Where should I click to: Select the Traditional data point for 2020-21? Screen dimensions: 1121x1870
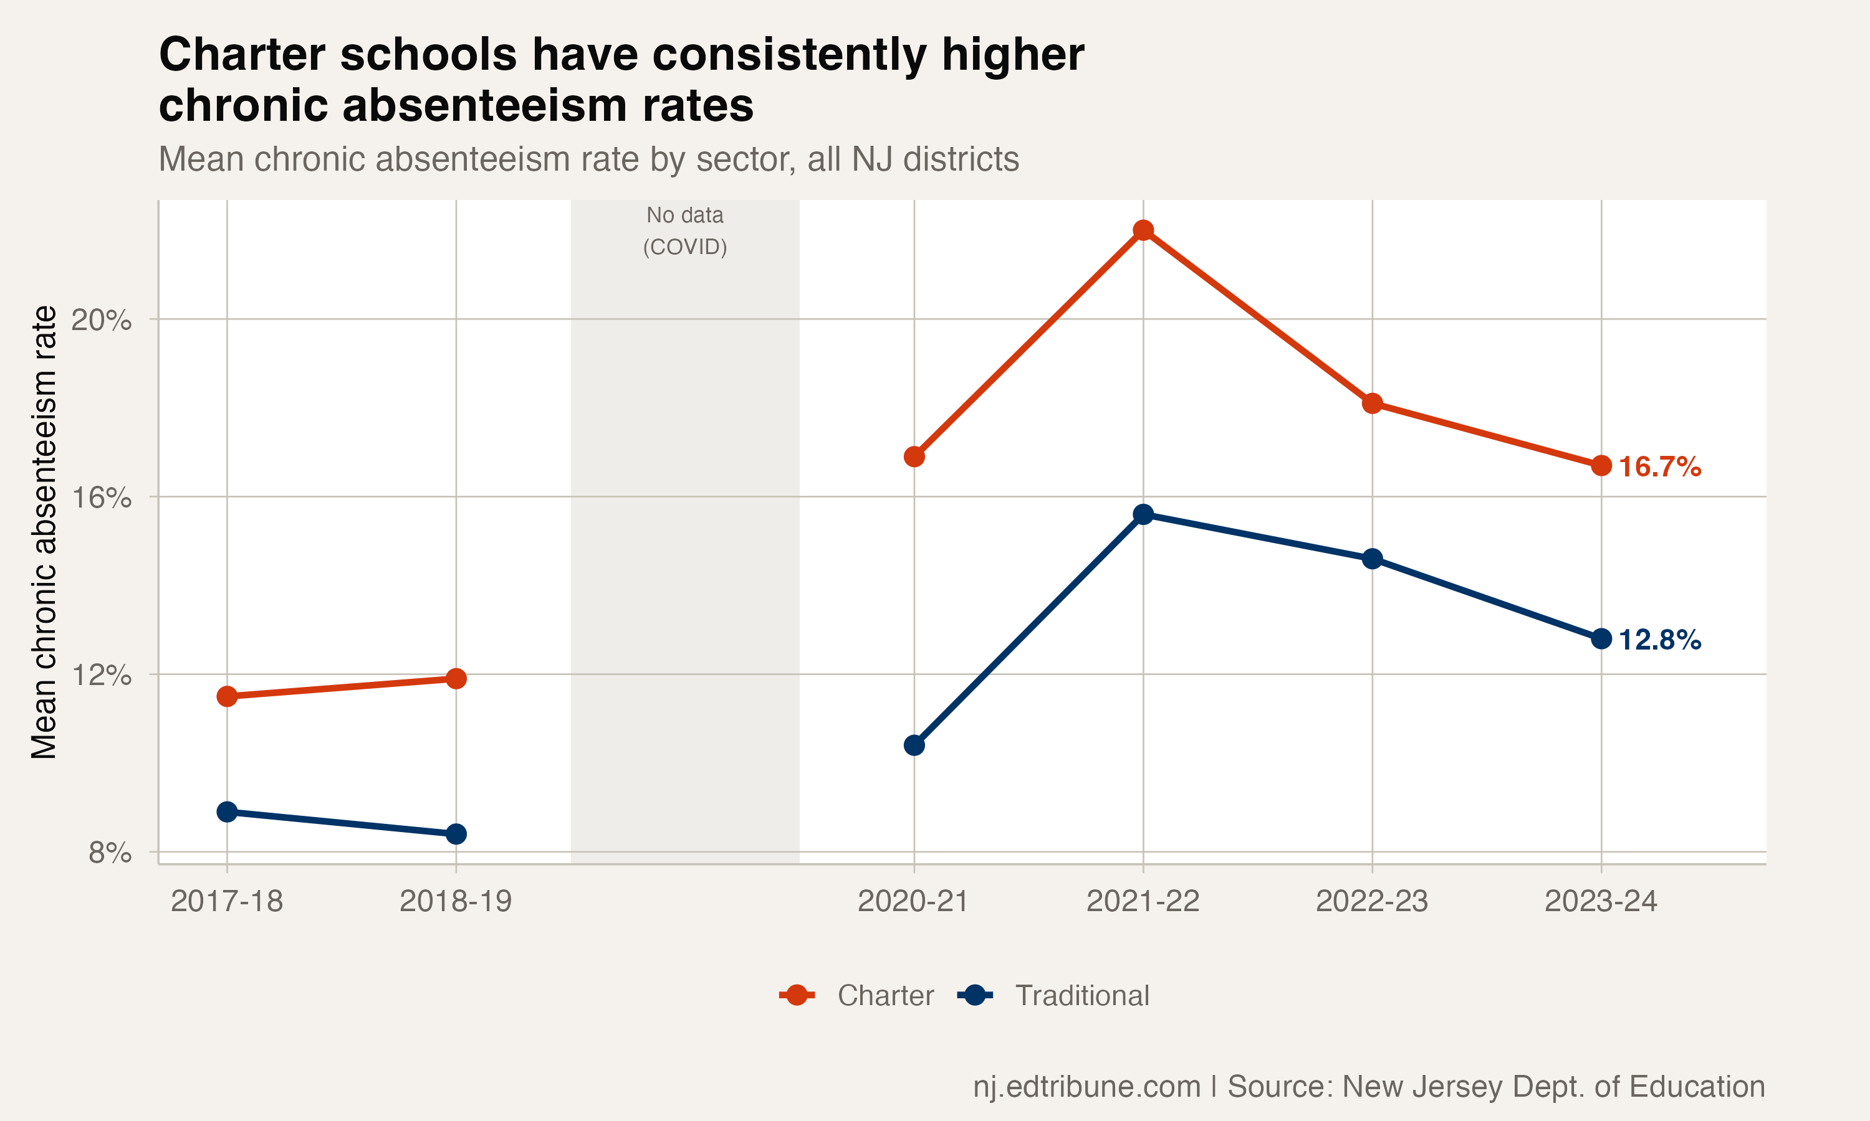pyautogui.click(x=914, y=745)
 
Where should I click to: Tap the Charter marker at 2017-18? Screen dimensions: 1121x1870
pyautogui.click(x=227, y=696)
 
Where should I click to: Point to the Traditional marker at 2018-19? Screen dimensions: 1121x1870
pyautogui.click(x=456, y=834)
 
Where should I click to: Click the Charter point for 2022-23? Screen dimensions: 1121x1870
pyautogui.click(x=1372, y=404)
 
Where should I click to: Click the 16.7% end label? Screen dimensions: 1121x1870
pyautogui.click(x=1659, y=467)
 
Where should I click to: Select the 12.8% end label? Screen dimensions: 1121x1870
pyautogui.click(x=1659, y=640)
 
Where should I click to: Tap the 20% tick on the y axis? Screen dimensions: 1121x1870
pyautogui.click(x=100, y=319)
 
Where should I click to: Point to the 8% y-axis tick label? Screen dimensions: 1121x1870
pyautogui.click(x=110, y=853)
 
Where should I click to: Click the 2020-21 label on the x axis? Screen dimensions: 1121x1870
pyautogui.click(x=913, y=901)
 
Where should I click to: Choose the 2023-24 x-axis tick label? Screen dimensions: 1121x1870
pyautogui.click(x=1600, y=901)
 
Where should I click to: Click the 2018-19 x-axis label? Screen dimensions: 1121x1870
pyautogui.click(x=455, y=901)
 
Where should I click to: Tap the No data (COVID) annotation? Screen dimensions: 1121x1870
pyautogui.click(x=685, y=231)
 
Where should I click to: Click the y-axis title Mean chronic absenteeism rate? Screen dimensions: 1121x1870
pyautogui.click(x=44, y=532)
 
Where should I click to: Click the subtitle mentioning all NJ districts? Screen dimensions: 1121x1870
pyautogui.click(x=588, y=159)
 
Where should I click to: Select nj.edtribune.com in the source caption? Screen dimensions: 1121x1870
pyautogui.click(x=1086, y=1086)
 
